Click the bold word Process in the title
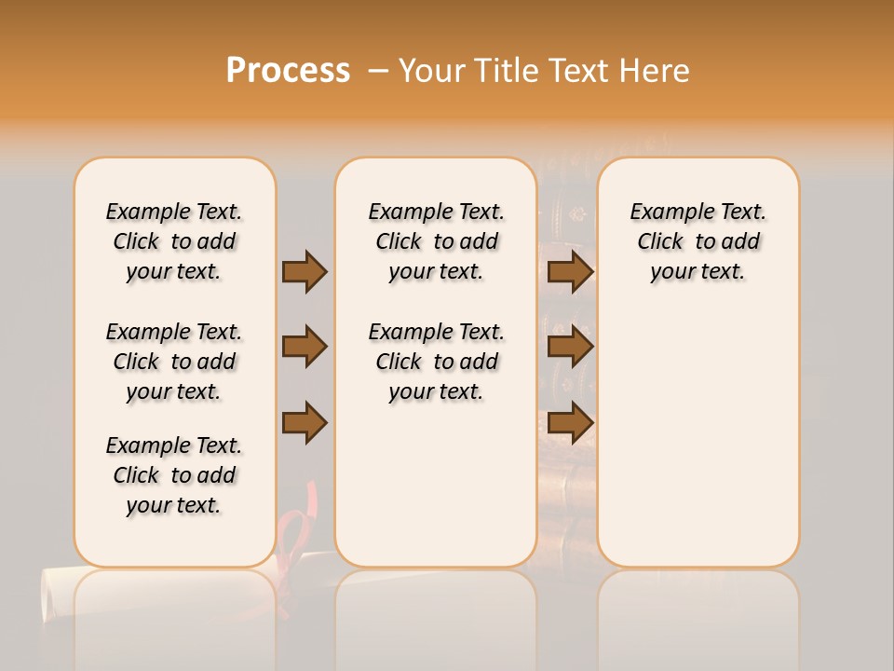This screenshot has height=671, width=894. click(x=288, y=70)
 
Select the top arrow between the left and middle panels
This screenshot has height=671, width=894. click(x=305, y=271)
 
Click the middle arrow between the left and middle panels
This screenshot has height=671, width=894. click(x=305, y=347)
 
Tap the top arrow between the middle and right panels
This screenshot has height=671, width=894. click(x=570, y=271)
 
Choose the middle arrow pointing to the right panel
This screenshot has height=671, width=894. click(x=570, y=347)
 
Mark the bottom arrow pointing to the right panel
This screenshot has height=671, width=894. click(x=570, y=422)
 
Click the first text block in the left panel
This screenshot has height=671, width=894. click(x=174, y=241)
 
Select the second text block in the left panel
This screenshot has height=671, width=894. click(x=174, y=362)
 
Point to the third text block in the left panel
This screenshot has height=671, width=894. click(x=174, y=475)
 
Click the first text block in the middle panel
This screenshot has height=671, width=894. click(x=436, y=241)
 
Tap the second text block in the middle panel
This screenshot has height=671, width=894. click(x=436, y=362)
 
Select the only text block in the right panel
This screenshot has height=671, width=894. click(x=698, y=241)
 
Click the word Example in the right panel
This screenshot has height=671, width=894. click(x=664, y=212)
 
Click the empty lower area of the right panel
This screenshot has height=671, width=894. click(x=698, y=447)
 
